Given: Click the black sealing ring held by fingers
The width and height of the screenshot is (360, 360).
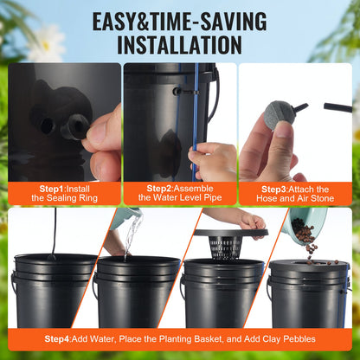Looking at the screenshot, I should pyautogui.click(x=75, y=127).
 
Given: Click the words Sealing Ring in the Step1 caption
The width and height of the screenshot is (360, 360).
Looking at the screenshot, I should pyautogui.click(x=74, y=198).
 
